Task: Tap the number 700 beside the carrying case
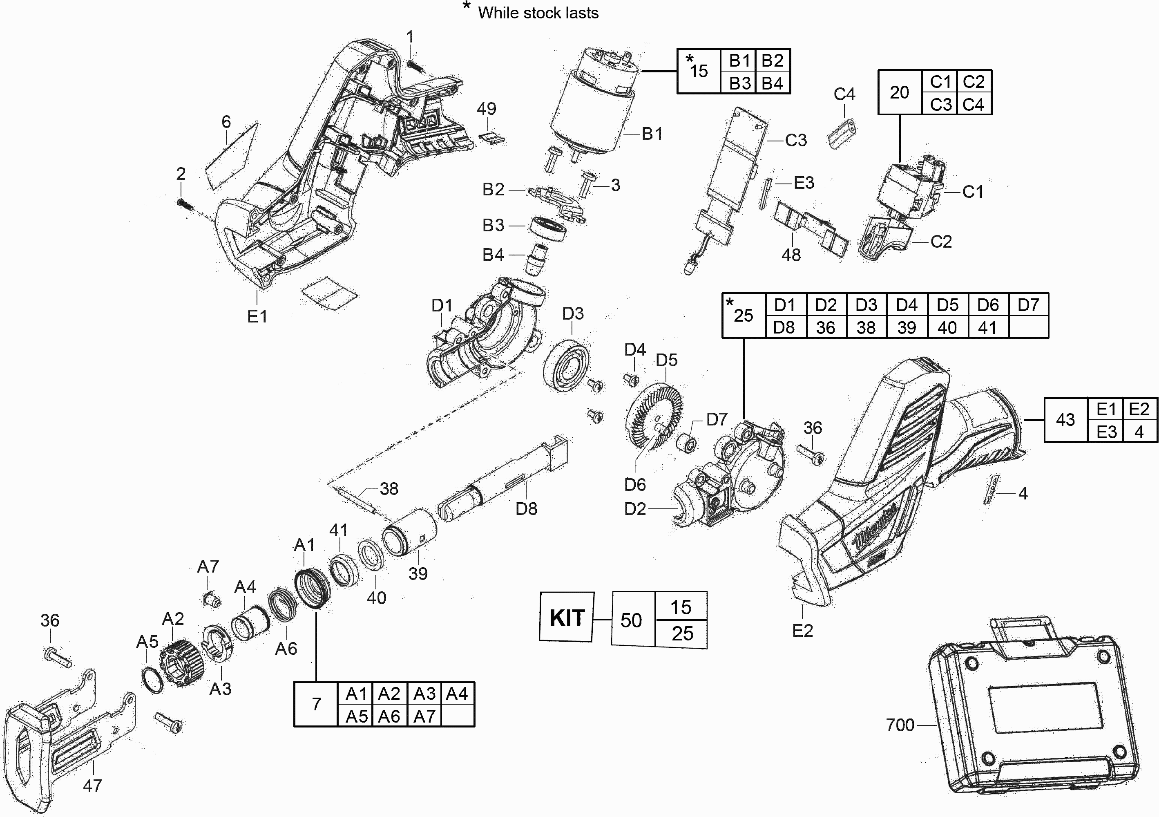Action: pos(900,725)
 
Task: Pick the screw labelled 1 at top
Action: pos(414,66)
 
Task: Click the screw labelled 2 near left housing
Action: pos(185,204)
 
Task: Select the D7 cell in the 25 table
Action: pos(1028,305)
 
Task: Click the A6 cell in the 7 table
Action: pos(389,716)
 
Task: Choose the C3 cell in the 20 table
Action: pos(940,105)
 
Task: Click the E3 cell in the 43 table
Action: pos(1106,432)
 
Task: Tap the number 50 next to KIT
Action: pos(631,620)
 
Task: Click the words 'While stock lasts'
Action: pos(538,13)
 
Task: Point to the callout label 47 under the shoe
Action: pos(92,786)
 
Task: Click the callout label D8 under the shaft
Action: pos(526,509)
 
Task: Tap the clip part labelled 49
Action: pos(492,137)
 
